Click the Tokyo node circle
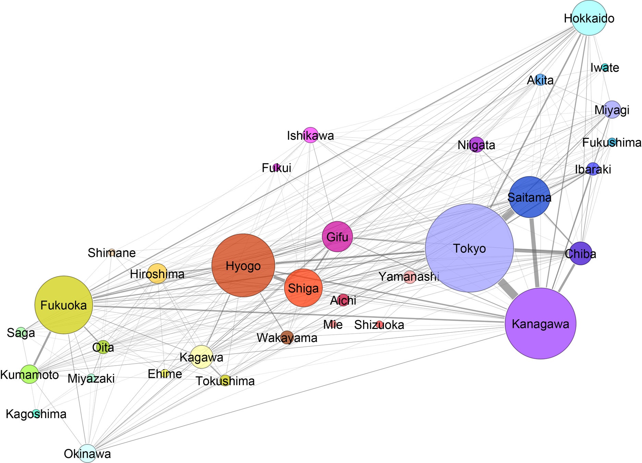[x=469, y=248]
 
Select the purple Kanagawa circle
[x=541, y=323]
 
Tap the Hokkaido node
[x=589, y=18]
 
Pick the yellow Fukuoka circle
[x=64, y=305]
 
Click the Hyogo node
[x=243, y=265]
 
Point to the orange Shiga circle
[x=303, y=288]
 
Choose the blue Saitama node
[x=530, y=197]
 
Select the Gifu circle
[x=337, y=237]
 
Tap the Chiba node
[x=581, y=253]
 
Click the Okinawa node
[x=87, y=453]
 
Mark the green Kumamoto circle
[x=30, y=374]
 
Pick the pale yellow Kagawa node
[x=202, y=357]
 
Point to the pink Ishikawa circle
[x=311, y=135]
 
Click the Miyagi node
[x=612, y=110]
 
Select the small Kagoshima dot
[x=36, y=414]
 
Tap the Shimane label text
[x=111, y=253]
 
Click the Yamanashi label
[x=409, y=276]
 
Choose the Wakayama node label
[x=287, y=338]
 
